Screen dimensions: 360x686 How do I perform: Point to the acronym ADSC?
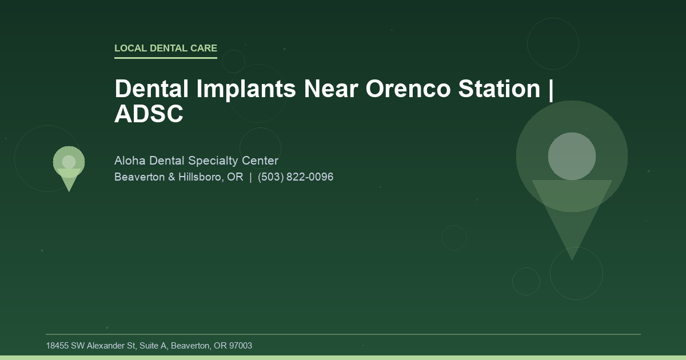[x=149, y=114]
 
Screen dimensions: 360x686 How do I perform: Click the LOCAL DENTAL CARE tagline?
[x=166, y=49]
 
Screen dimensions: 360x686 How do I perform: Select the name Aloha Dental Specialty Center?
[x=196, y=161]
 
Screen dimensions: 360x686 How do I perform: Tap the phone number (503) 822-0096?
[x=296, y=177]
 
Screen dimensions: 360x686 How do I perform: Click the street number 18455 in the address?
[x=57, y=346]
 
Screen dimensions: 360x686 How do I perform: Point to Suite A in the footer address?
[x=150, y=346]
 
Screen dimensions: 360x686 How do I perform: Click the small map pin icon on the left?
[x=69, y=166]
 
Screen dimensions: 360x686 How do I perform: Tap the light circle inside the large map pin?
[x=572, y=156]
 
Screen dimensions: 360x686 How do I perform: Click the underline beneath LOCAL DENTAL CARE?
[x=166, y=58]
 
